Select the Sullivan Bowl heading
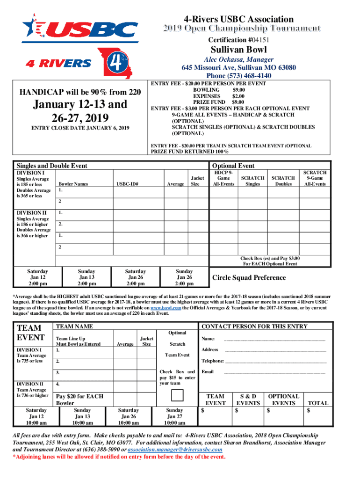[238, 50]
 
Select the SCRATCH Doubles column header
[283, 181]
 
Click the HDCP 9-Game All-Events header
[223, 178]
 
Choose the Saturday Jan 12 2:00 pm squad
[38, 277]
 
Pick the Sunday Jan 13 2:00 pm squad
[86, 277]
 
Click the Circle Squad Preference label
[249, 277]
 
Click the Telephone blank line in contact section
[276, 362]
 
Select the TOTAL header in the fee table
[317, 403]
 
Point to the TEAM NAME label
[74, 326]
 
